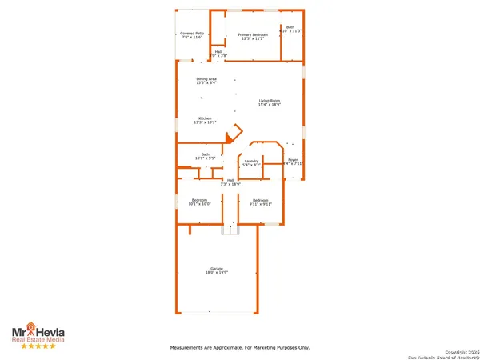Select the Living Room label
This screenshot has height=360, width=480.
(x=269, y=102)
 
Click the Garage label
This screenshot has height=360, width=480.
(x=216, y=270)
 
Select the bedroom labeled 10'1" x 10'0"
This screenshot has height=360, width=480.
(x=198, y=202)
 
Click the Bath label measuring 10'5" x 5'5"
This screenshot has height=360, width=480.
(x=206, y=156)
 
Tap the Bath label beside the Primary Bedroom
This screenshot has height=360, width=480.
(x=291, y=29)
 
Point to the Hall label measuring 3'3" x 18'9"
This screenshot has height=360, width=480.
(x=230, y=182)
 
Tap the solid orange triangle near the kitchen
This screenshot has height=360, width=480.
(x=229, y=138)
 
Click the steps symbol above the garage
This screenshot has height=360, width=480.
(x=230, y=230)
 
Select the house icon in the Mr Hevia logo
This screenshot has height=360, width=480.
(x=30, y=327)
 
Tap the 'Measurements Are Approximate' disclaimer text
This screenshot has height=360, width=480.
(x=239, y=347)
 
